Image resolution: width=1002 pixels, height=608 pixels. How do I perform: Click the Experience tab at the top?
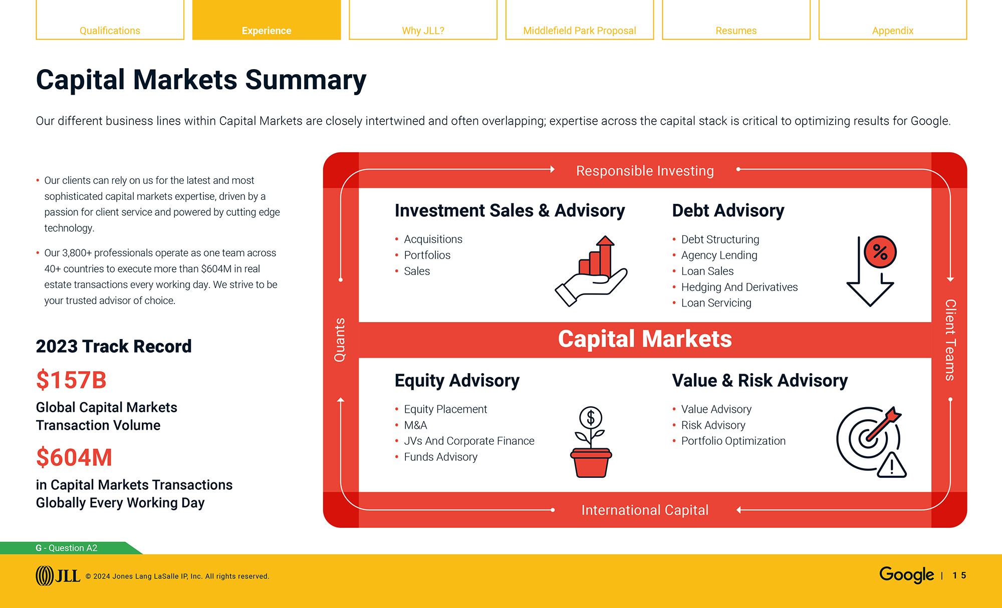click(x=266, y=30)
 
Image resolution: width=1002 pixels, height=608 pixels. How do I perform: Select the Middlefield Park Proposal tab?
click(x=579, y=30)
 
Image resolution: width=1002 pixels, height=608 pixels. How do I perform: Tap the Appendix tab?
click(x=892, y=30)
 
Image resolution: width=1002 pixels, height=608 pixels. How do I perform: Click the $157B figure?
click(x=71, y=380)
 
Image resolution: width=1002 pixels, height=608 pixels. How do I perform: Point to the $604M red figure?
click(x=74, y=457)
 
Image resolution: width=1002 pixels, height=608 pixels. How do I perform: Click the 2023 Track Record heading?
click(x=114, y=346)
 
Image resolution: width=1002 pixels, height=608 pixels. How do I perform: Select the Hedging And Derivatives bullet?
click(x=739, y=287)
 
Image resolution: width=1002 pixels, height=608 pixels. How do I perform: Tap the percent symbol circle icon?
click(x=880, y=252)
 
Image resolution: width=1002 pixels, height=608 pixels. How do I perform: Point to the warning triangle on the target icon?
click(x=892, y=466)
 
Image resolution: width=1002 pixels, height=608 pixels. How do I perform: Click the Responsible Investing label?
click(x=645, y=171)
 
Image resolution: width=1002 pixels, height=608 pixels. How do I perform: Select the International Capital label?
click(x=645, y=510)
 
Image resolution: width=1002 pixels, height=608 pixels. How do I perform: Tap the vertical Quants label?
click(x=340, y=340)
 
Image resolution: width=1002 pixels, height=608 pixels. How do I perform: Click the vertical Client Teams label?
click(x=950, y=340)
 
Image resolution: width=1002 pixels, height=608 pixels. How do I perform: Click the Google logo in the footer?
click(x=906, y=574)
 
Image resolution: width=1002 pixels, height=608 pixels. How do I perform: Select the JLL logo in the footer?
click(x=58, y=575)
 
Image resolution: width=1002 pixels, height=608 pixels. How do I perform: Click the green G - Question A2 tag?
click(x=67, y=548)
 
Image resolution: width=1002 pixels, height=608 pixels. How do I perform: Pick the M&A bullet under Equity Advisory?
click(x=415, y=425)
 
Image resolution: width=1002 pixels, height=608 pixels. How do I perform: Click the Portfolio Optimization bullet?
click(x=733, y=441)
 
